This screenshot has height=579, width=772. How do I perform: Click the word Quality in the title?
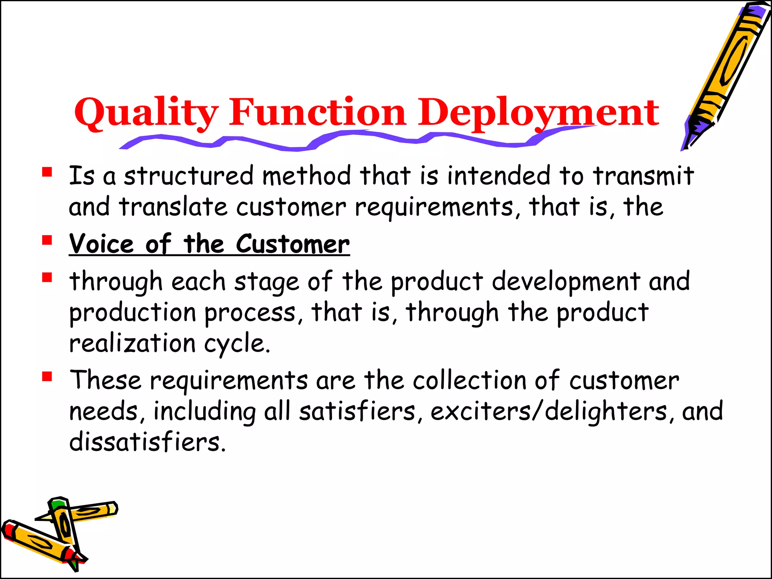pos(146,112)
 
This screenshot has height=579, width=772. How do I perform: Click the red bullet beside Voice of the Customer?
pos(47,240)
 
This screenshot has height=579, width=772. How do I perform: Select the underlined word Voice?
pos(101,244)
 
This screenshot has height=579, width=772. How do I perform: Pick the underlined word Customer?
pos(293,244)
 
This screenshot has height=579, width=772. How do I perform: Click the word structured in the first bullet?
pos(189,176)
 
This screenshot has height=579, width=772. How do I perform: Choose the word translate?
pos(173,207)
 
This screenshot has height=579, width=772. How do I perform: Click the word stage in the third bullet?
pos(267,282)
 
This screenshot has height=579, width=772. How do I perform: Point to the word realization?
pos(132,343)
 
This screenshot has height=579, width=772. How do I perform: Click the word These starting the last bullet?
pos(106,380)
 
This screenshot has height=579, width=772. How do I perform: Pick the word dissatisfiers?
pos(147,442)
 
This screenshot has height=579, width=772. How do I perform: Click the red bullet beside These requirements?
pos(47,377)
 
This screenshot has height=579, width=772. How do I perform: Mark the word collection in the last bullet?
pos(469,380)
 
